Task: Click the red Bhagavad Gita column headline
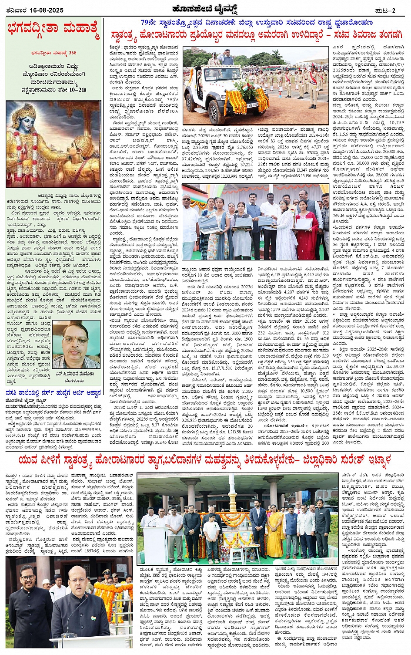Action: [x=53, y=32]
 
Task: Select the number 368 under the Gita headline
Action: [x=72, y=53]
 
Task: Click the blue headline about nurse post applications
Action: [x=53, y=392]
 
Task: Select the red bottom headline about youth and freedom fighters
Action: [x=204, y=460]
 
